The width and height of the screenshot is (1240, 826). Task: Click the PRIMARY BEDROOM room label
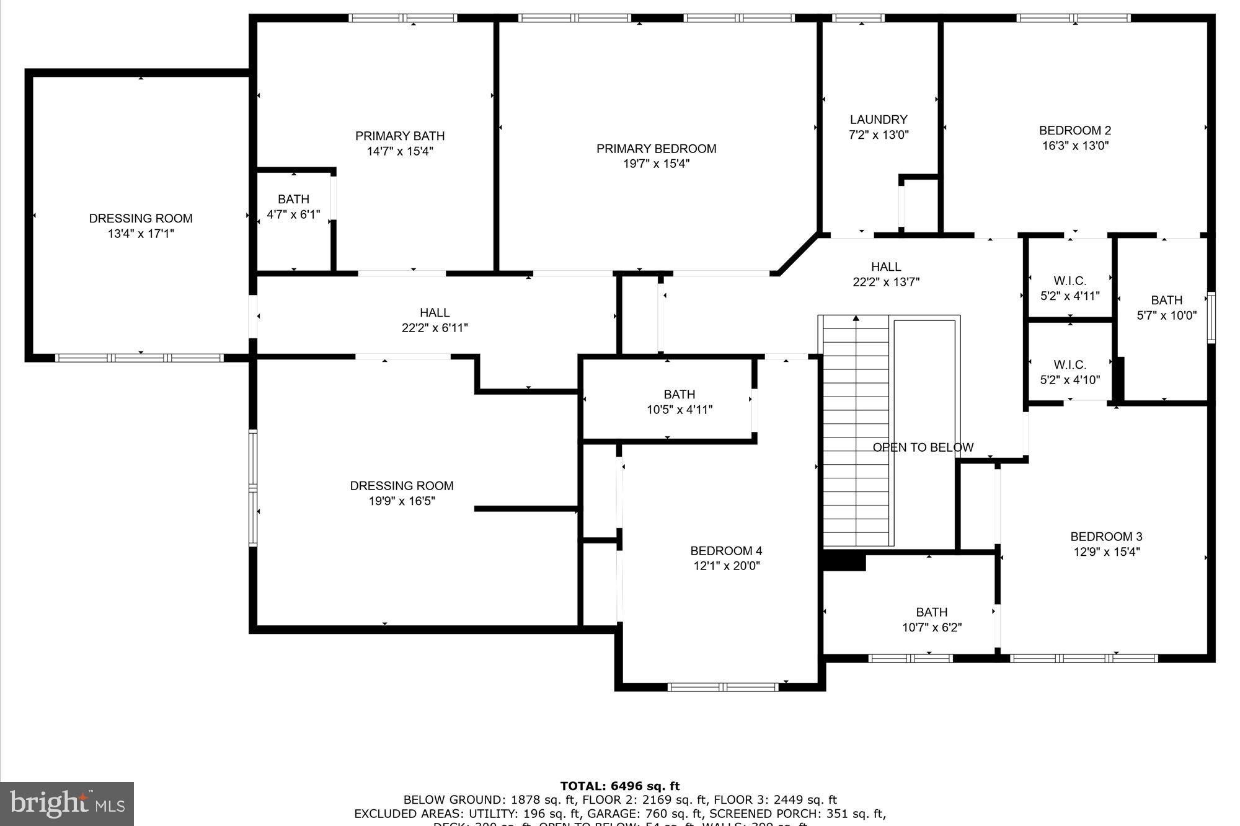656,149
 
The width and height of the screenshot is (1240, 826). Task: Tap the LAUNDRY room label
879,120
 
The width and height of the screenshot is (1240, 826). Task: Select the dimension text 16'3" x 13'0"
1075,146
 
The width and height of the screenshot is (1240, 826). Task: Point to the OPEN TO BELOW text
923,447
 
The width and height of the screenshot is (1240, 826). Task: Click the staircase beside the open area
856,434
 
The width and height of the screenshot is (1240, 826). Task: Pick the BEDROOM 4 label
726,551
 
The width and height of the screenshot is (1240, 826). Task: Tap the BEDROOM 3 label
1106,537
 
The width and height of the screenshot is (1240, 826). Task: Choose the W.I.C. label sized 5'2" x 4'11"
1069,281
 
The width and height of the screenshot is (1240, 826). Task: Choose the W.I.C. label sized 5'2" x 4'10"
1069,364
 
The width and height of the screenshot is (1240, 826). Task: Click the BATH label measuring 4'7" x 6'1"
293,200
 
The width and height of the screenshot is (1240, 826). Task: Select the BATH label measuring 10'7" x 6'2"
931,612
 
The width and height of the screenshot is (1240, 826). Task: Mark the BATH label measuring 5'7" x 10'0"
1166,300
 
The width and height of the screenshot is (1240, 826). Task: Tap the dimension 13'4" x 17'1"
141,234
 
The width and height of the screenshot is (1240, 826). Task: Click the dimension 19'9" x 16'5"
402,501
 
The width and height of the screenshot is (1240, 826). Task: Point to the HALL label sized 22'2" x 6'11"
435,313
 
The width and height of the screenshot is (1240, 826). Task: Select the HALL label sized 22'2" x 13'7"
886,267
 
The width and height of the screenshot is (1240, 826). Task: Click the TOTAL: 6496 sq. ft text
620,786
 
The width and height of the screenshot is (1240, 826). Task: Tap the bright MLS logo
67,804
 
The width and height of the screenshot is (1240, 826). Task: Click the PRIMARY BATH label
400,136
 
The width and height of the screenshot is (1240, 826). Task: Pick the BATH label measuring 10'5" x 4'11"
679,394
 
